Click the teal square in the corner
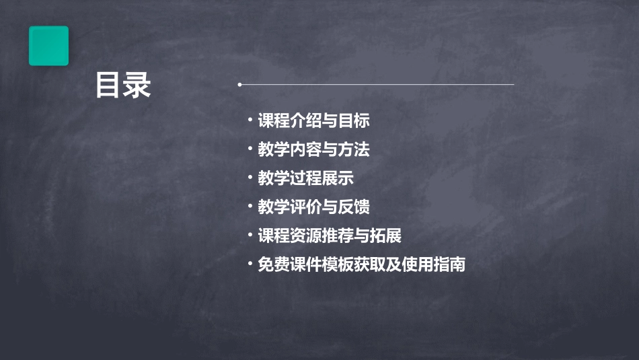coord(48,46)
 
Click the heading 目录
coord(123,85)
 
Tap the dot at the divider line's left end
coord(239,85)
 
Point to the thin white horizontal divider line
coord(377,85)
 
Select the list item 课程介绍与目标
coord(313,121)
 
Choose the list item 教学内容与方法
coord(313,149)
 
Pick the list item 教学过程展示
coord(305,178)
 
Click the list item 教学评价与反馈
coord(313,207)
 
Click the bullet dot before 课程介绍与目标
coord(250,121)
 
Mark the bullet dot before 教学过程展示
coord(250,178)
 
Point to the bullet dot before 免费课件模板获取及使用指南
coord(250,264)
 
